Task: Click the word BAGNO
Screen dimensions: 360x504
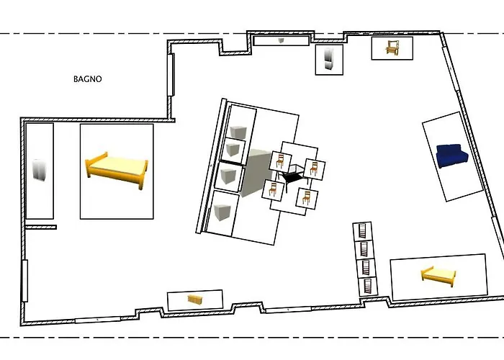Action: (87, 79)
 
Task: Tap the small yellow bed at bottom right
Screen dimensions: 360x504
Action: (438, 274)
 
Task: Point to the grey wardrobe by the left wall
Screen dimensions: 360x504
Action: (39, 171)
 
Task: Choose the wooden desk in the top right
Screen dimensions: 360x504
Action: (392, 48)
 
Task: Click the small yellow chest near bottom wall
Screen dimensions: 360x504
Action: (194, 299)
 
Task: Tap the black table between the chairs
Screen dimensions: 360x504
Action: (292, 175)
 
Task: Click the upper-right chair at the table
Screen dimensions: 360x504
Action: (312, 168)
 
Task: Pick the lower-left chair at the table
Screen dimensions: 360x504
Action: (272, 190)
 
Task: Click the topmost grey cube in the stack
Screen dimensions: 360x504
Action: (238, 130)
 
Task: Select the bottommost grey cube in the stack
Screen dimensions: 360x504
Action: (222, 212)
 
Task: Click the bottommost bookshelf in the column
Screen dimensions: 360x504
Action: (368, 285)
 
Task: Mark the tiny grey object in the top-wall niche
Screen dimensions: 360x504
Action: (282, 41)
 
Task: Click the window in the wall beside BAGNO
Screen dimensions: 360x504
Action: (171, 75)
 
